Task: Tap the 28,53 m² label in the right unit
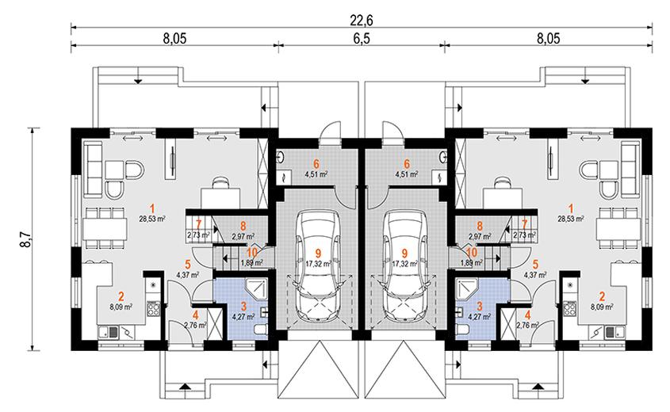pyautogui.click(x=571, y=218)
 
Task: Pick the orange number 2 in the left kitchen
pyautogui.click(x=121, y=292)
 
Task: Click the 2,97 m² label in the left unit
pyautogui.click(x=243, y=235)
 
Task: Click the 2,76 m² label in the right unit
pyautogui.click(x=526, y=325)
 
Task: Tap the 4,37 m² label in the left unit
pyautogui.click(x=187, y=275)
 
